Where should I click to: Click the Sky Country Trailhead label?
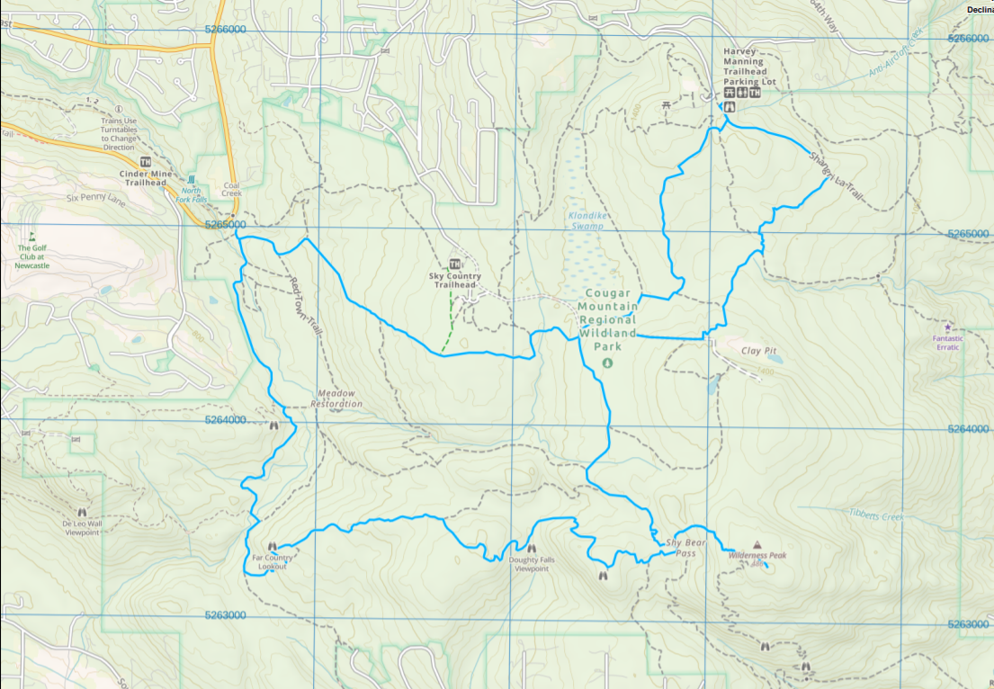tap(454, 280)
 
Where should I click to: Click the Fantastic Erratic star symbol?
tap(947, 327)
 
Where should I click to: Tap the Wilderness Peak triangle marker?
tap(757, 545)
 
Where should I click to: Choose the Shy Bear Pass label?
tap(685, 548)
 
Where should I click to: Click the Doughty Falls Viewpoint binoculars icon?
tap(531, 548)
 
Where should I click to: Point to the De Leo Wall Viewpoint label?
tap(81, 527)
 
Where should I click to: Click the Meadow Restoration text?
tap(336, 398)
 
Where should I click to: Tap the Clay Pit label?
tap(757, 351)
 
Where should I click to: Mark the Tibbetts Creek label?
tap(875, 515)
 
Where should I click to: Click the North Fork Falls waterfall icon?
tap(191, 180)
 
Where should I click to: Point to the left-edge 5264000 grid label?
tap(224, 420)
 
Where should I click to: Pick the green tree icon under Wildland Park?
tap(606, 362)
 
